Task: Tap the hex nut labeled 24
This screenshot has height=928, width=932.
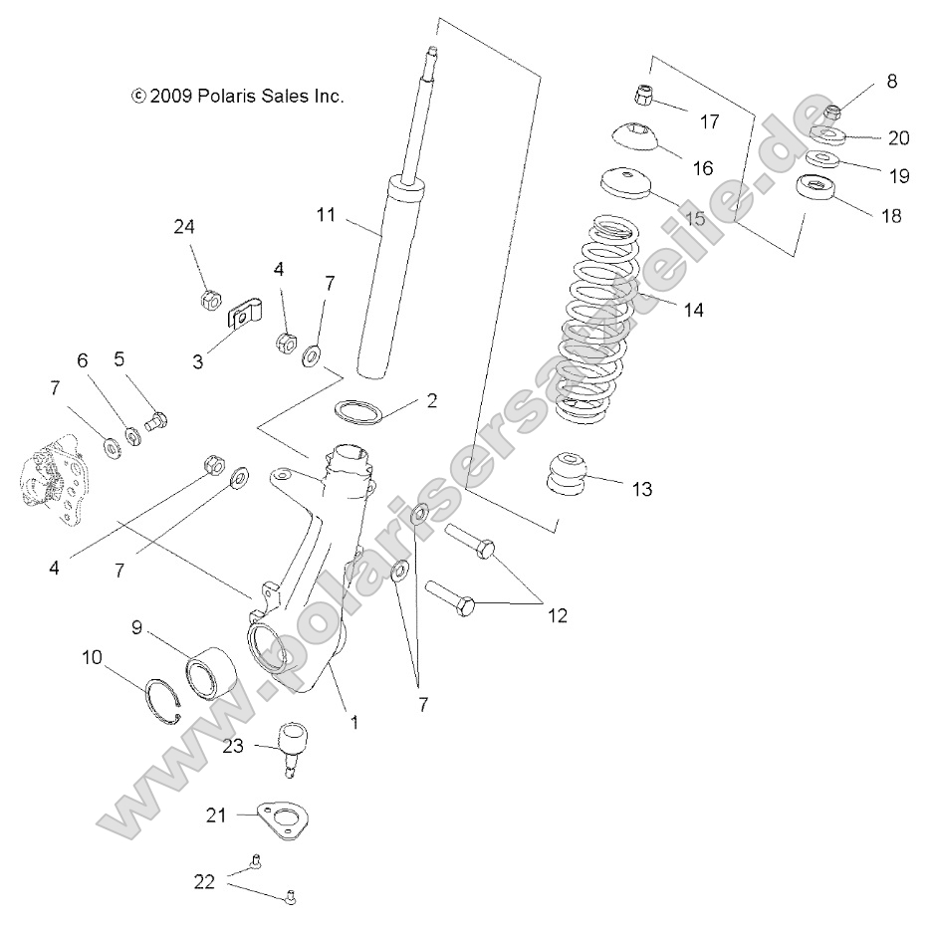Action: (x=210, y=299)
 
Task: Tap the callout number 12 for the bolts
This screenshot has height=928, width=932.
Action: (x=556, y=615)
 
